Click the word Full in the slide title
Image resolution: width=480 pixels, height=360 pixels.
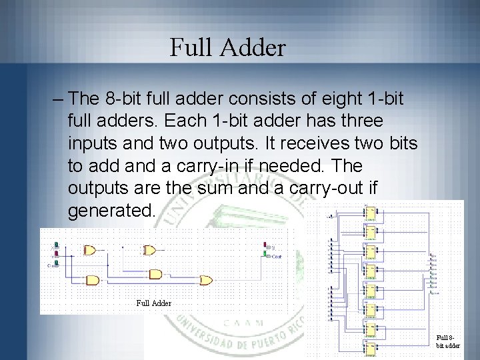188,47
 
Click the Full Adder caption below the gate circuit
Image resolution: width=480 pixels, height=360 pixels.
154,303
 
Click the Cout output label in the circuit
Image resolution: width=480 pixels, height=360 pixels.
275,256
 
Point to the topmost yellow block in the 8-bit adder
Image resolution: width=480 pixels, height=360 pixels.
369,213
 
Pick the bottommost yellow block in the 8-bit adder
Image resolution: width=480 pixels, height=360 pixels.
369,347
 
